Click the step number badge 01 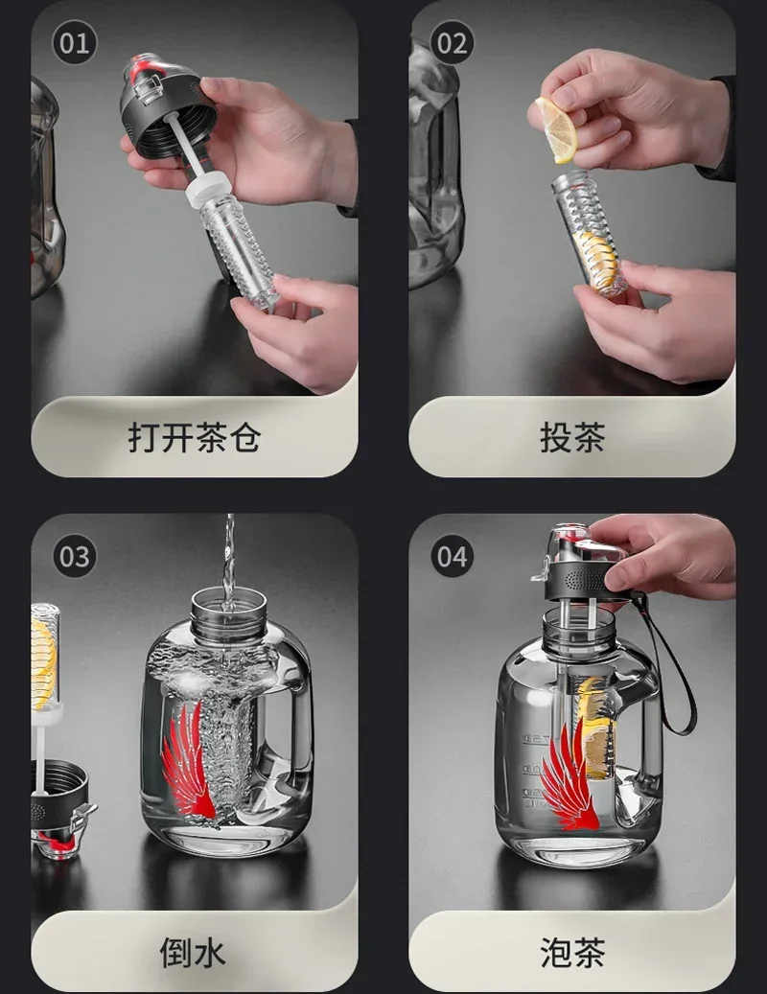[74, 42]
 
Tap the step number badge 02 [452, 42]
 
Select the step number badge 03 [74, 556]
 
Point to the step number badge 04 [452, 556]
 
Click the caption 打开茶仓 [195, 437]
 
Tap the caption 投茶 [572, 437]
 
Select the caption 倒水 [193, 953]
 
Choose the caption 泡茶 [572, 953]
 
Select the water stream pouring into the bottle [229, 561]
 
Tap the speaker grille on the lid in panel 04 [582, 579]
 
